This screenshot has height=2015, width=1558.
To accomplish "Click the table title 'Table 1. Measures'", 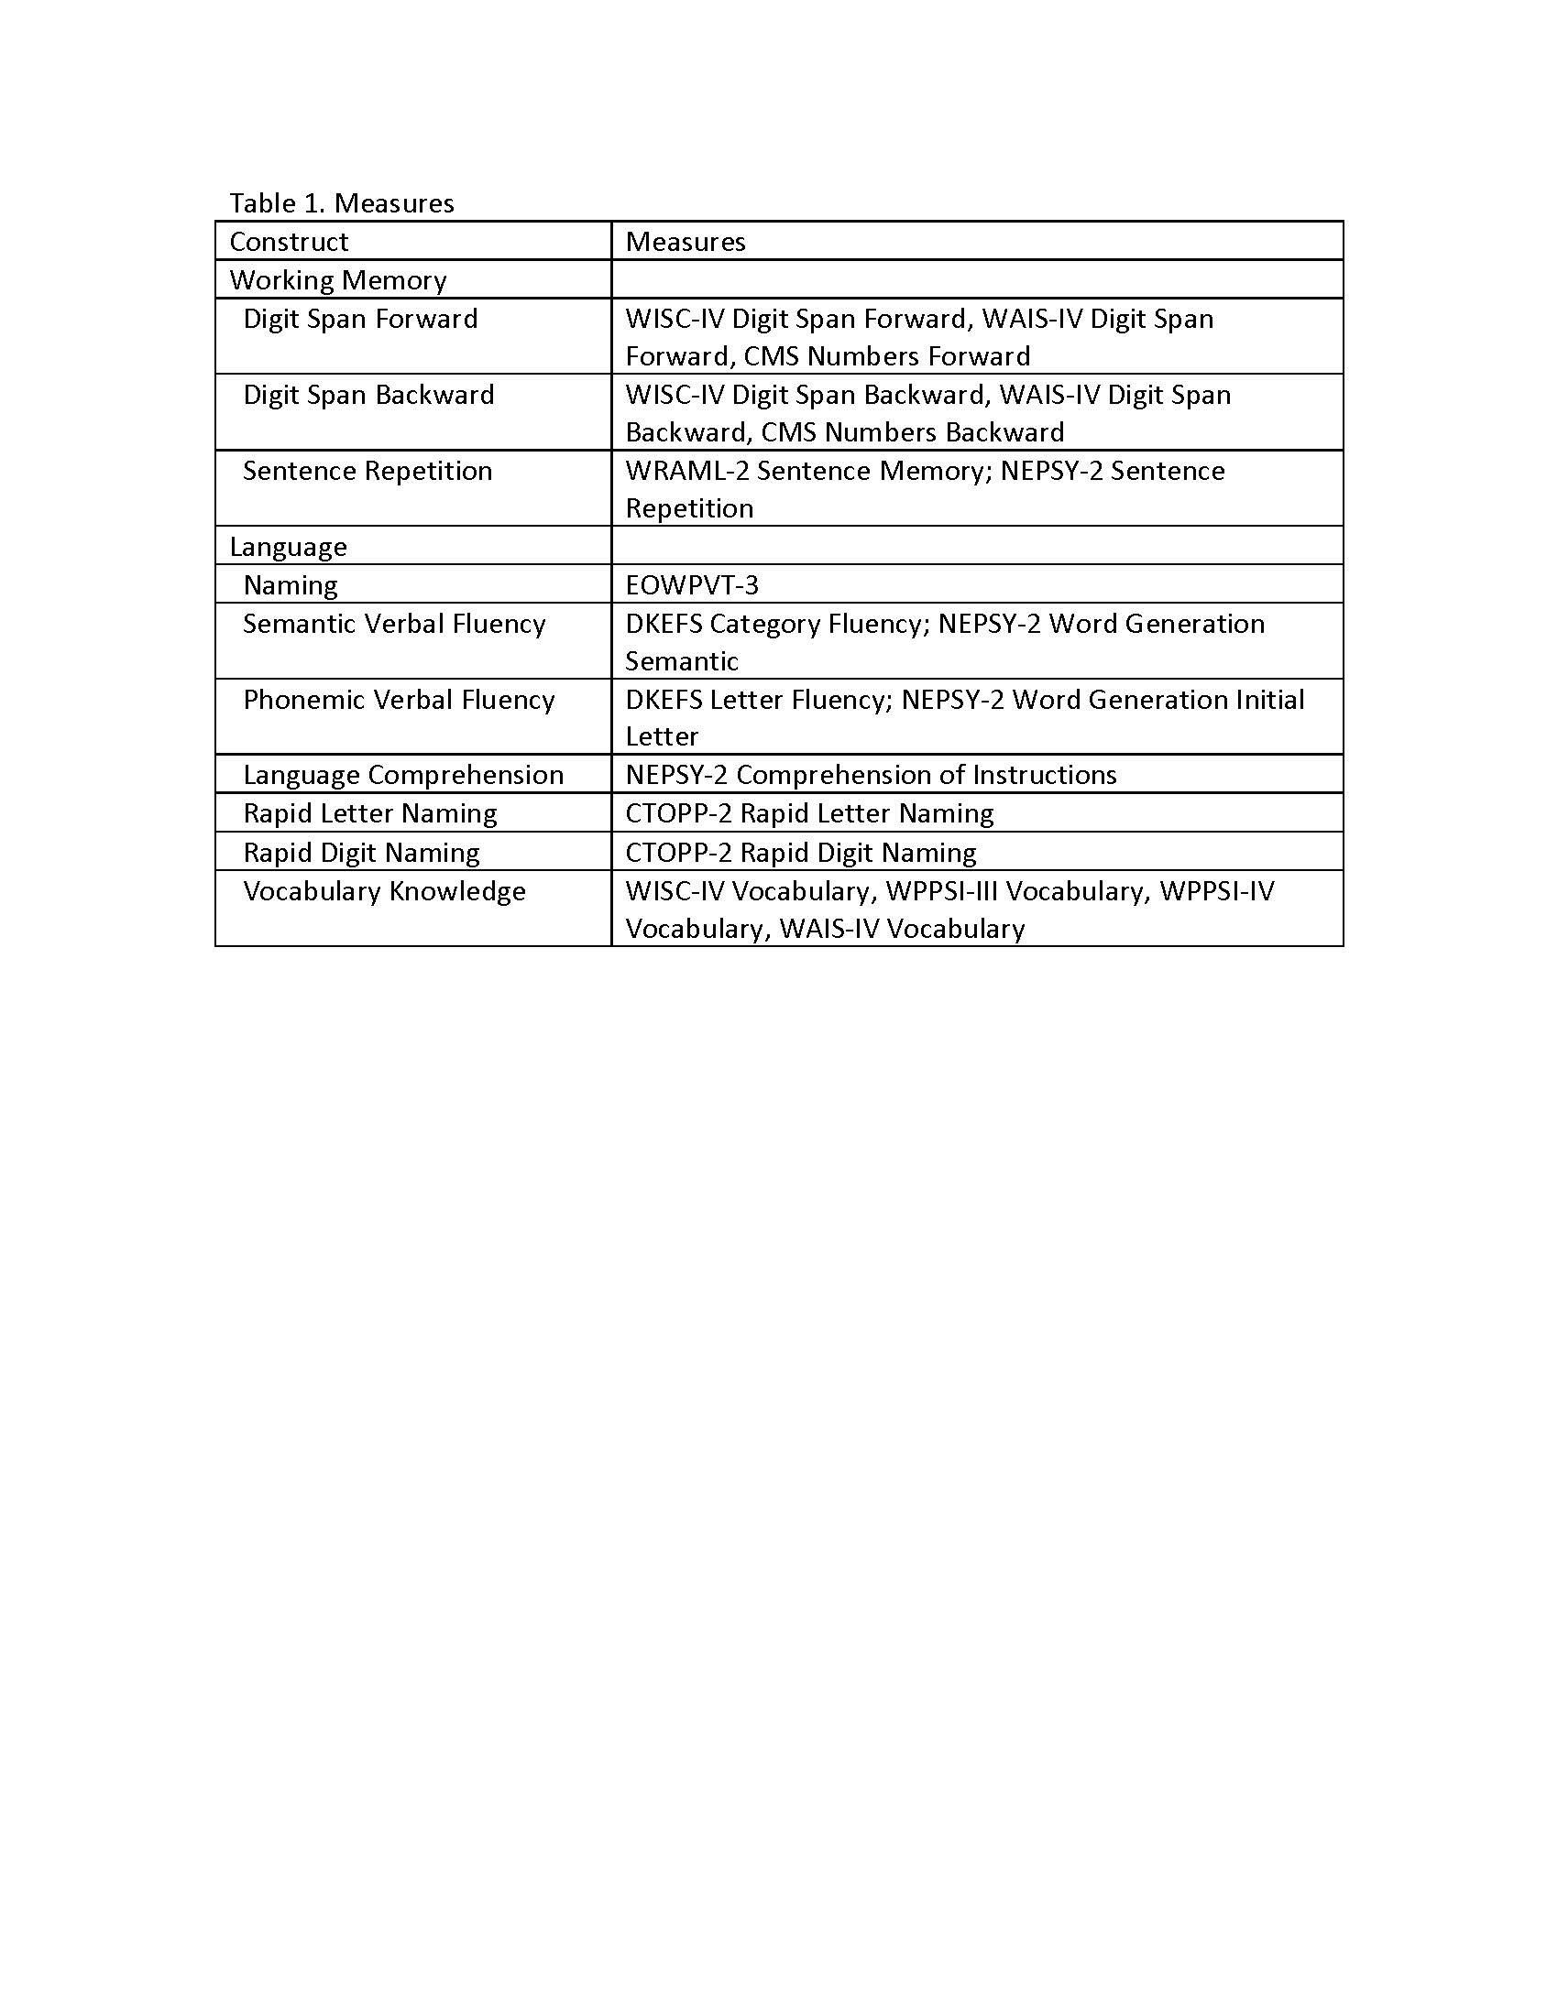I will pyautogui.click(x=342, y=203).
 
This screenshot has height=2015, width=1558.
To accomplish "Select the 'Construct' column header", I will pyautogui.click(x=289, y=242).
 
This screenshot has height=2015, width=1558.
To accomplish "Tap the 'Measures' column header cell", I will pyautogui.click(x=685, y=242).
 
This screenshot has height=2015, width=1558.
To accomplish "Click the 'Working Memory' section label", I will pyautogui.click(x=338, y=279).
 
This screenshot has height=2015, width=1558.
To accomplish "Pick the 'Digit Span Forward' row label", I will pyautogui.click(x=360, y=319).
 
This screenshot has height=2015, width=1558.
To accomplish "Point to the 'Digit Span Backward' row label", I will pyautogui.click(x=368, y=395).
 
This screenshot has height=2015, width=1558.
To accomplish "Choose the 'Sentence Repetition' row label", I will pyautogui.click(x=368, y=471).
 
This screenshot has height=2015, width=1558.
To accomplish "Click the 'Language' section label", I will pyautogui.click(x=288, y=546).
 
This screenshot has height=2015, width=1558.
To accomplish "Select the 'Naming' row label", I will pyautogui.click(x=290, y=585).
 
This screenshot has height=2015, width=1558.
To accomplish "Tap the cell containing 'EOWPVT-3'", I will pyautogui.click(x=691, y=585).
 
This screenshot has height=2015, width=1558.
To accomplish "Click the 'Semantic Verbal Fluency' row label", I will pyautogui.click(x=394, y=624).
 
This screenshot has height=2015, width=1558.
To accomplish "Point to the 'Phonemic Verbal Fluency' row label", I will pyautogui.click(x=399, y=700).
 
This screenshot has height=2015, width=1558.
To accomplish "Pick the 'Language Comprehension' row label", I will pyautogui.click(x=403, y=775).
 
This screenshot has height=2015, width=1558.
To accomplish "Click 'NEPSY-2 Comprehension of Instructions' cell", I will pyautogui.click(x=871, y=775).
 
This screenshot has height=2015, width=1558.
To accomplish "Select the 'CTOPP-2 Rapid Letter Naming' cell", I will pyautogui.click(x=809, y=813).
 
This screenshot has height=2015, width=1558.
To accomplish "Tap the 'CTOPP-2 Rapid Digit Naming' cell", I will pyautogui.click(x=800, y=853).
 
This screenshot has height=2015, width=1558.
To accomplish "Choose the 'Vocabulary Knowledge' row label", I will pyautogui.click(x=384, y=891).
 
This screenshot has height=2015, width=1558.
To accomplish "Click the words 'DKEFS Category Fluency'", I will pyautogui.click(x=774, y=624).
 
